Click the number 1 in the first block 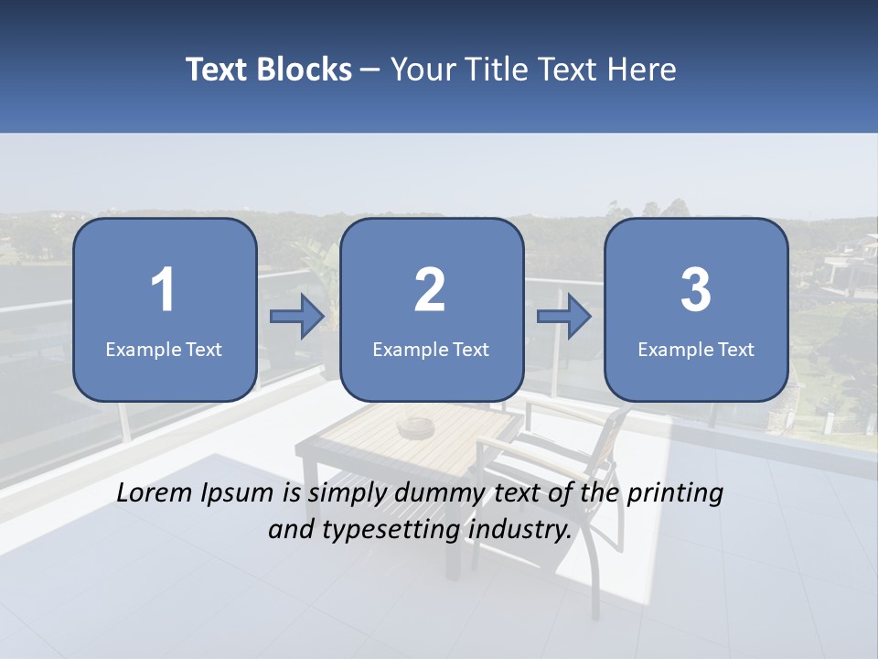164,290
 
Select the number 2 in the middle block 431,290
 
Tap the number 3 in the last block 696,290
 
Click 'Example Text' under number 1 164,349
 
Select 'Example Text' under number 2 431,349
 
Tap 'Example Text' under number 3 696,349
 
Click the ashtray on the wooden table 416,427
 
